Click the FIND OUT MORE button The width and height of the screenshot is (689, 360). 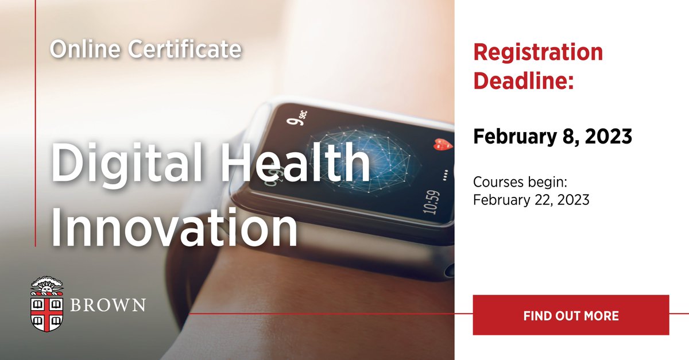tap(571, 315)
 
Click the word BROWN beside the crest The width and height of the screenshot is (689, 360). tap(107, 304)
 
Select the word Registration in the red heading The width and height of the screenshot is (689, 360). tap(538, 52)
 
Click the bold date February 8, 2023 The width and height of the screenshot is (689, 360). tap(552, 137)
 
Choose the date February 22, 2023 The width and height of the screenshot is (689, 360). tap(532, 200)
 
